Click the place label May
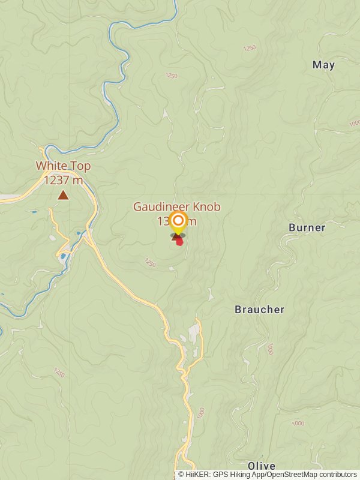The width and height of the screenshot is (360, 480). [x=323, y=65]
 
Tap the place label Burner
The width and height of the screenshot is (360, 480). [x=307, y=227]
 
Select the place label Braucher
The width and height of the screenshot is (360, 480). [x=259, y=310]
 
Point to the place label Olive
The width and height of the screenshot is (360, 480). [x=262, y=466]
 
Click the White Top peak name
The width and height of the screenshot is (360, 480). [x=63, y=166]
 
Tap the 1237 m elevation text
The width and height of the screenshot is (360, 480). [x=63, y=180]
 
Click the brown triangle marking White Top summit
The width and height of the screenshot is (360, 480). [x=63, y=194]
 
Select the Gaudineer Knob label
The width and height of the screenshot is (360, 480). [x=176, y=207]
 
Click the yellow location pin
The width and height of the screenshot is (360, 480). [x=178, y=223]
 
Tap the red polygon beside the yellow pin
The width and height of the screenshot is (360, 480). [x=179, y=241]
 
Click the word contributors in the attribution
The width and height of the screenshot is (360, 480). [x=337, y=474]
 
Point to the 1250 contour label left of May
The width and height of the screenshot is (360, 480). [x=249, y=48]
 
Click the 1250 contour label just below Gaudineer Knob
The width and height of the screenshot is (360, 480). [x=150, y=262]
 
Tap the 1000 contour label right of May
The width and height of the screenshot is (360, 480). [x=354, y=124]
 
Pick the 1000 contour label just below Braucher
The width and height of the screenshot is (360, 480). [x=270, y=349]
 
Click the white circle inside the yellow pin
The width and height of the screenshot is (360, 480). [x=178, y=220]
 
